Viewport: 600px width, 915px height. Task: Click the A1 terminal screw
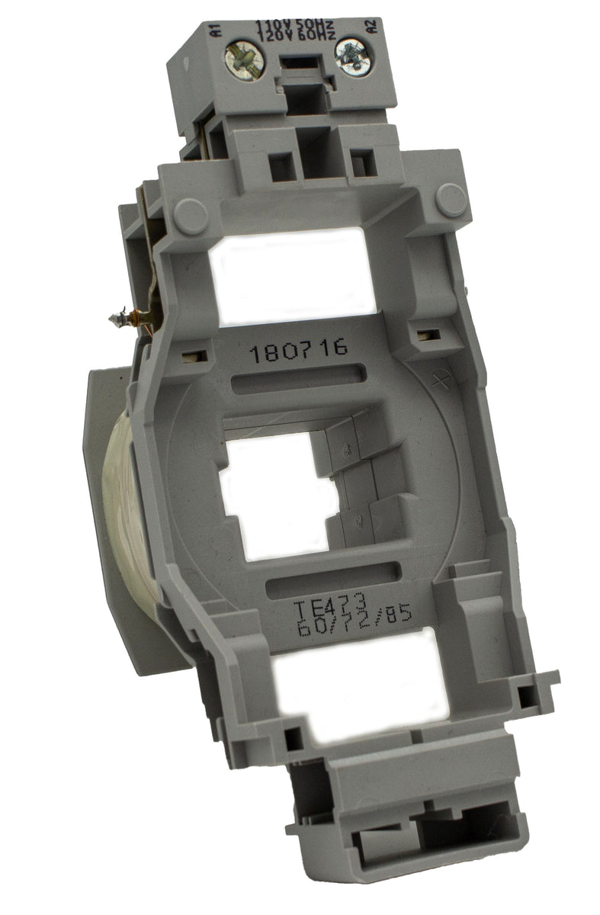click(244, 56)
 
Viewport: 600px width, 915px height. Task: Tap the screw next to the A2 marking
click(353, 56)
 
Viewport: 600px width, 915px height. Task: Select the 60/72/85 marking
click(355, 618)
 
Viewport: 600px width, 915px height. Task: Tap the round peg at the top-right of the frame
click(451, 197)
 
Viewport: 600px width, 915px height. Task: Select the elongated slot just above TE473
click(335, 581)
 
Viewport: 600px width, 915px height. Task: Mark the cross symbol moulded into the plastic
click(438, 379)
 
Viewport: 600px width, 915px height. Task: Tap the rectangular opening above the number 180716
click(293, 274)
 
